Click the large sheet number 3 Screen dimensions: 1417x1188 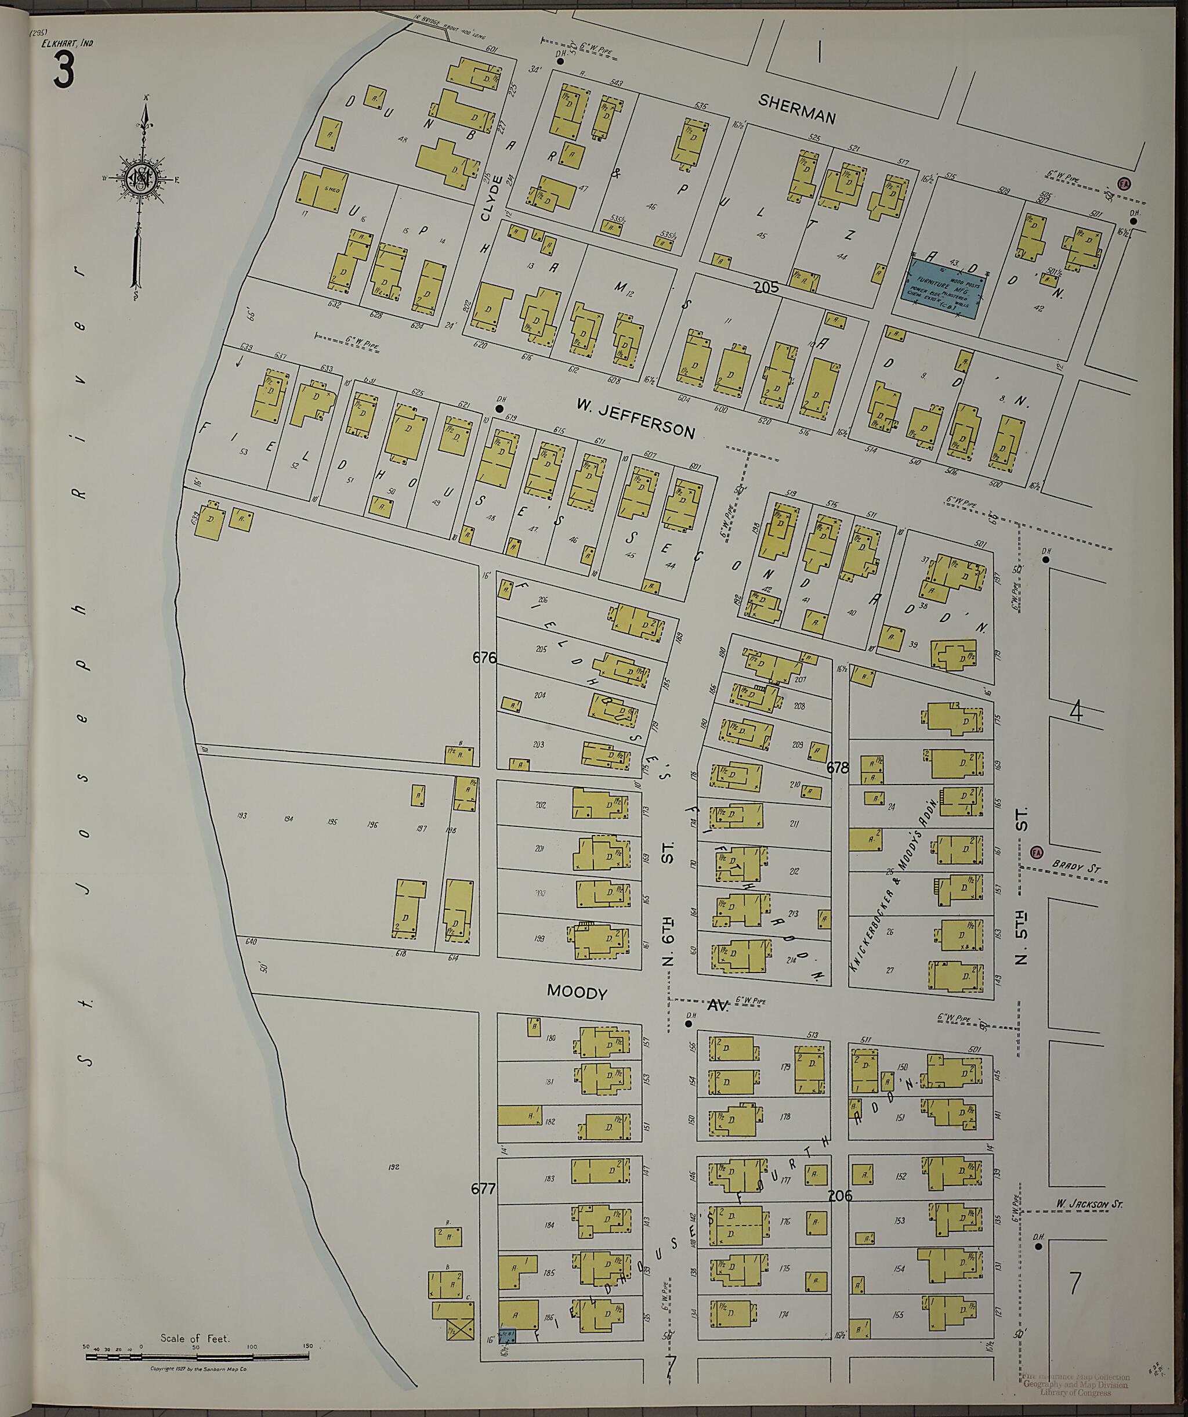point(63,71)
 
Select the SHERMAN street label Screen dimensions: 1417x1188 point(796,109)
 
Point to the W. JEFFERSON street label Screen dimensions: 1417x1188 point(636,418)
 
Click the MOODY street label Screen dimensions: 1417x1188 point(577,992)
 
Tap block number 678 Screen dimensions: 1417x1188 point(837,767)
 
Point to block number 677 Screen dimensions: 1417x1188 point(483,1189)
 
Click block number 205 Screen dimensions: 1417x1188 point(766,287)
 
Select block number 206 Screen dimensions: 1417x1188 point(839,1195)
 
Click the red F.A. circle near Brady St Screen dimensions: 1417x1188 point(1037,852)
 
